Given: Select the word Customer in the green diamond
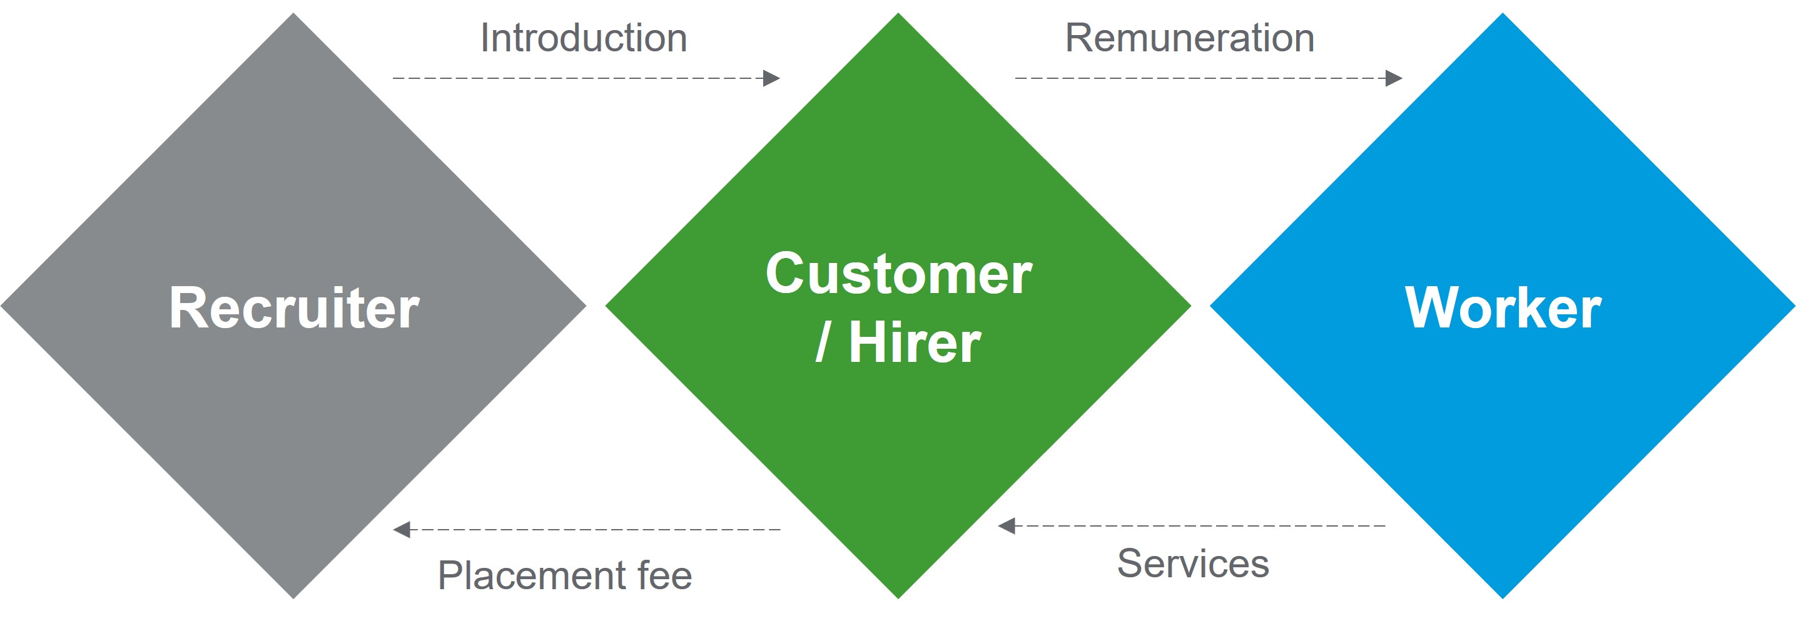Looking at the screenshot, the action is click(899, 274).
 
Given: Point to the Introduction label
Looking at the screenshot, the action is click(584, 38).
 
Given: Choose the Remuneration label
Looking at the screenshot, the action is click(1189, 38).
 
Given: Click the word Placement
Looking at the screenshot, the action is click(532, 576).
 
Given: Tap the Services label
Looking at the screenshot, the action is click(1193, 564).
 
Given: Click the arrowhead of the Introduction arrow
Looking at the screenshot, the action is click(772, 78).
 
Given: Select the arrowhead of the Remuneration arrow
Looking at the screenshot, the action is click(1394, 78).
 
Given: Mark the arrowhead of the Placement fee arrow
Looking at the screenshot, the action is click(402, 530).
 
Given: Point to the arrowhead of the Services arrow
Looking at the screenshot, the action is click(1006, 526).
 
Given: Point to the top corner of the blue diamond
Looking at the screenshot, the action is click(1503, 13).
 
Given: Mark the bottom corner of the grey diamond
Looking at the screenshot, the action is click(293, 599).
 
